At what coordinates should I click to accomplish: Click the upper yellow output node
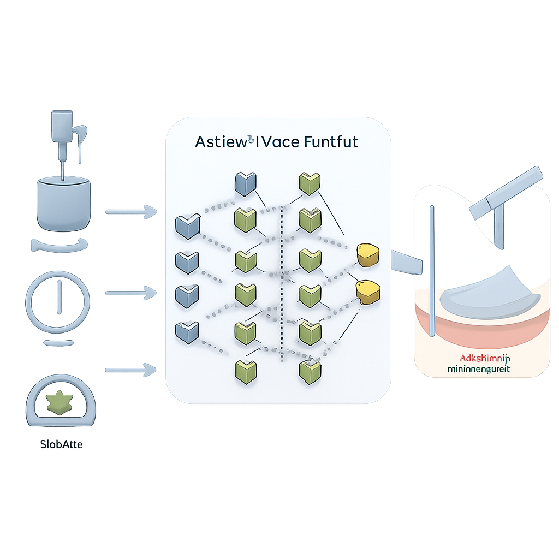(366, 255)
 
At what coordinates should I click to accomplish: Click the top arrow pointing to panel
(130, 210)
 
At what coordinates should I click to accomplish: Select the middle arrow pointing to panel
(130, 293)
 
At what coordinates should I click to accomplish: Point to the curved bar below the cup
(60, 245)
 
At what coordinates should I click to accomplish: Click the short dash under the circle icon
(57, 342)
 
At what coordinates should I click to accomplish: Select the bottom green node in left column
(245, 370)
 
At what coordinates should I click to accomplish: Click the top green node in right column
(309, 184)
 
